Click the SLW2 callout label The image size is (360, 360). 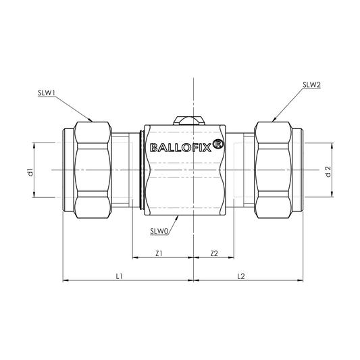(311, 86)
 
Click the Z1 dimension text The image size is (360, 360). (159, 254)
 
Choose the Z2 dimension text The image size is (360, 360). (214, 254)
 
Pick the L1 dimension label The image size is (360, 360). (119, 276)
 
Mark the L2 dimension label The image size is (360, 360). (241, 276)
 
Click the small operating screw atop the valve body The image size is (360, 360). (193, 121)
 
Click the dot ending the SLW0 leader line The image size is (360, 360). (176, 217)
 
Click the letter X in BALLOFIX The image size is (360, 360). (206, 147)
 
